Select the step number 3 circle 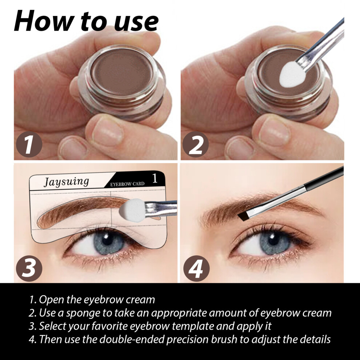pos(29,268)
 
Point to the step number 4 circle pos(196,268)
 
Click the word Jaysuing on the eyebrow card pos(66,182)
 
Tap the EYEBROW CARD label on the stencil pos(127,184)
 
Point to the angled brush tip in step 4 pos(243,215)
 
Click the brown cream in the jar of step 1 pos(122,71)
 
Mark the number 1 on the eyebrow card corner pos(155,179)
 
